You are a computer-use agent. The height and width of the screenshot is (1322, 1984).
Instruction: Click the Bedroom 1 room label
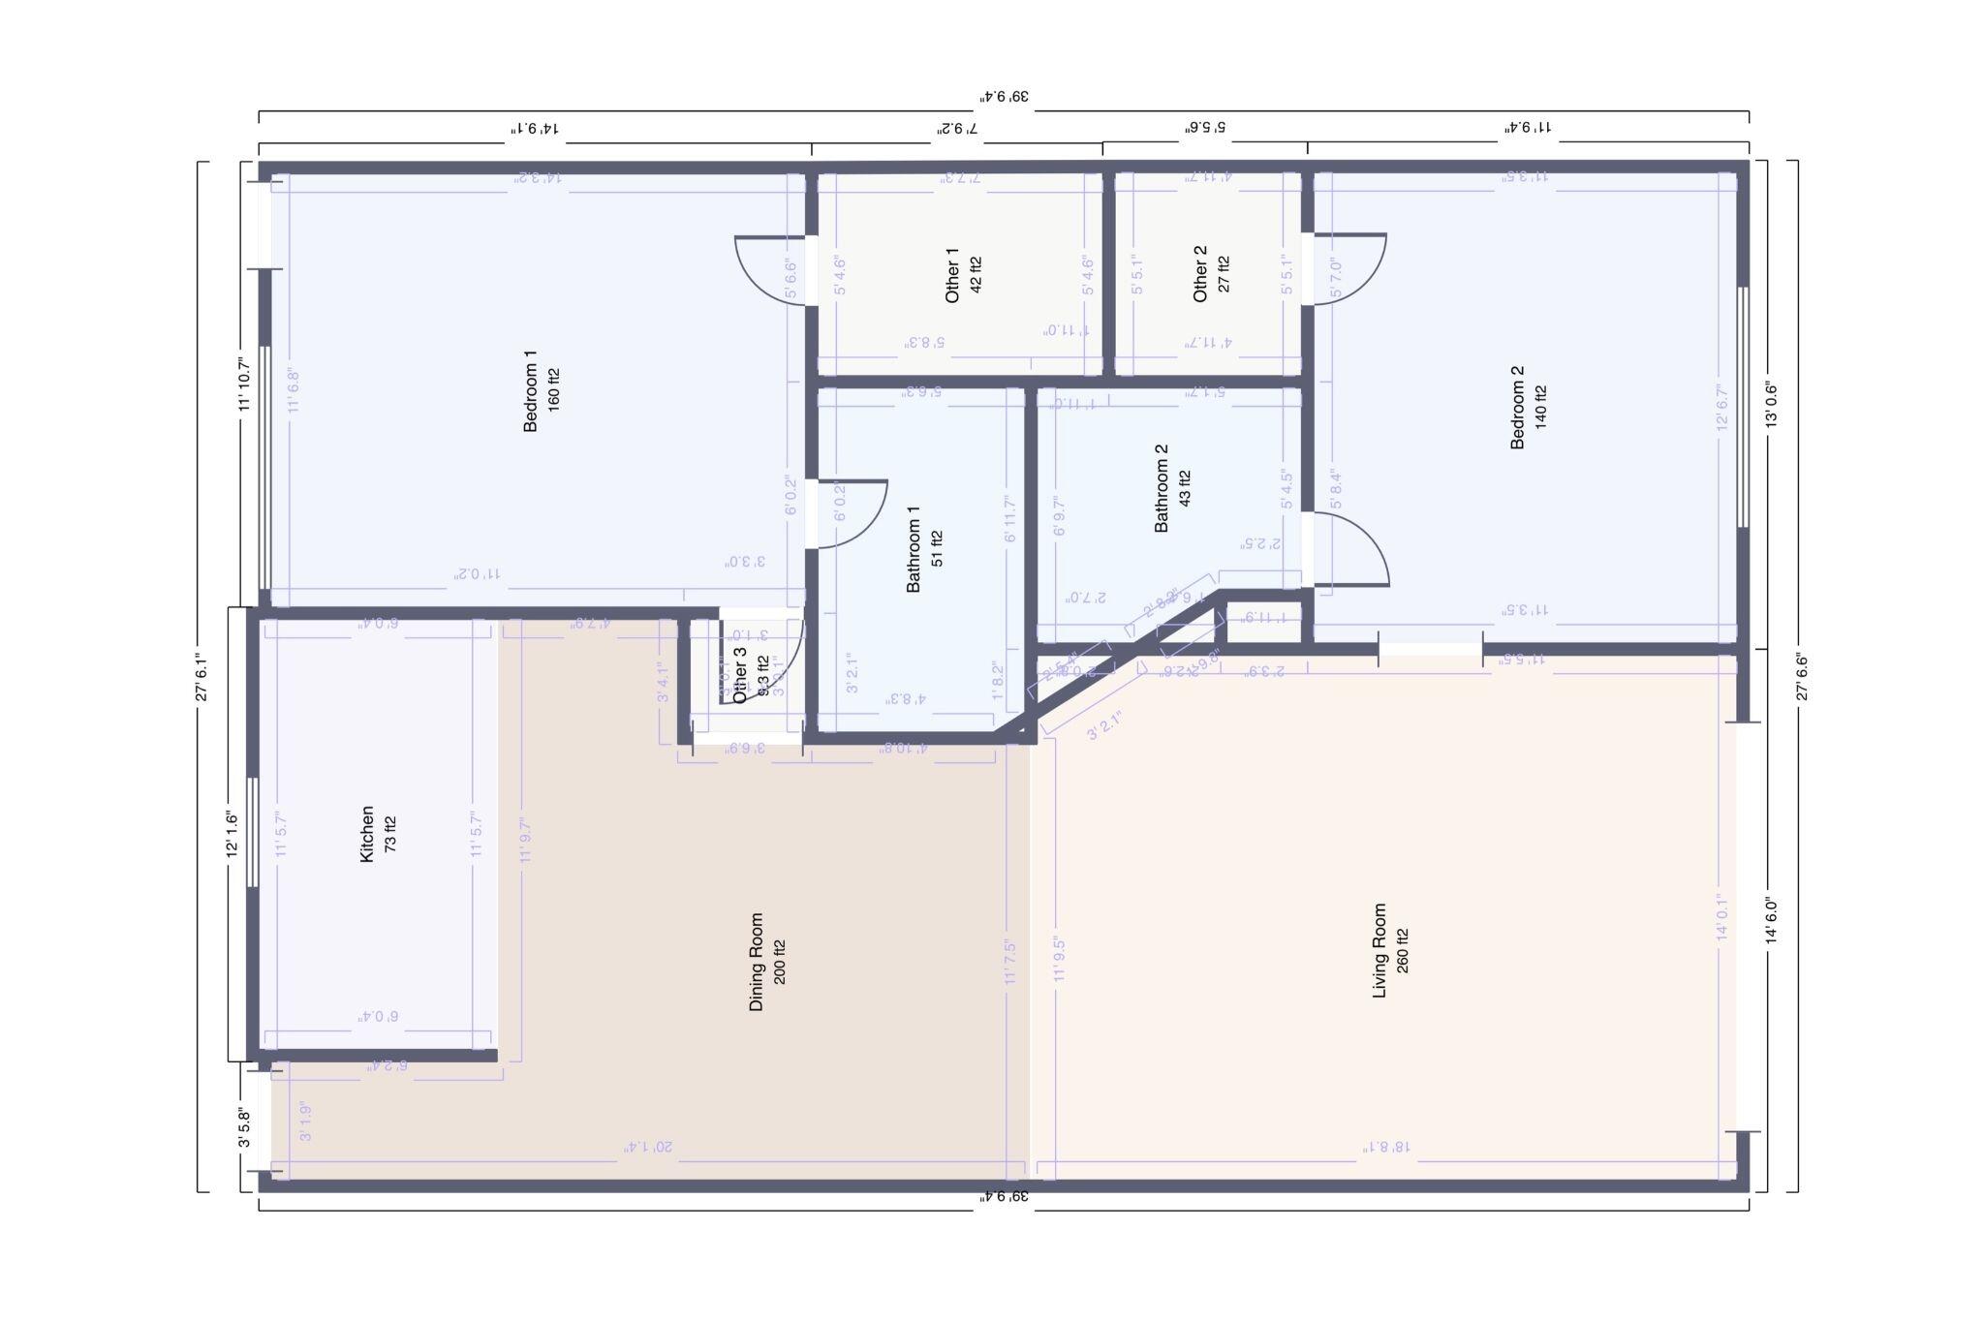[x=530, y=391]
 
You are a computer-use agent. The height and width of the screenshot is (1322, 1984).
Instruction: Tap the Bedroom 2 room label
[x=1517, y=407]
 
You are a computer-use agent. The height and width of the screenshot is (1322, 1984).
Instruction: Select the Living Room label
[x=1379, y=950]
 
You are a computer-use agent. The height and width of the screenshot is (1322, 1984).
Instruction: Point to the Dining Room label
[x=757, y=962]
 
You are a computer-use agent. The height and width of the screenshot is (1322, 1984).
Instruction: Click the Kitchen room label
[x=367, y=833]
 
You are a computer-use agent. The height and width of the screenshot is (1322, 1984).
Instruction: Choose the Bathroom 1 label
[x=914, y=548]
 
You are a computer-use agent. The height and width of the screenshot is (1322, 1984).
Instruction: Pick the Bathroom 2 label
[x=1162, y=488]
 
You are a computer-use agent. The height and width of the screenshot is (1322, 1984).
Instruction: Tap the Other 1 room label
[x=953, y=275]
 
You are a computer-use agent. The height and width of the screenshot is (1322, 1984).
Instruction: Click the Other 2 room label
[x=1200, y=273]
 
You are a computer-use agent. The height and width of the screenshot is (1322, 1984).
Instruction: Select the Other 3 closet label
[x=741, y=674]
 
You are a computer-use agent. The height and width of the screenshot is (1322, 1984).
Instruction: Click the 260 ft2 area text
[x=1402, y=950]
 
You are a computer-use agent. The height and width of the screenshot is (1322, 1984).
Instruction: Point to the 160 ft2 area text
[x=553, y=390]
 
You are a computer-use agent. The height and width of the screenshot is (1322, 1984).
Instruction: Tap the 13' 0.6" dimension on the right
[x=1771, y=405]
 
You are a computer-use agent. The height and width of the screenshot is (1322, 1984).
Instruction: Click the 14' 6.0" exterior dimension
[x=1771, y=921]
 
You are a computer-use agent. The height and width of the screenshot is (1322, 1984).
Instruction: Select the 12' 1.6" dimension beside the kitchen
[x=232, y=834]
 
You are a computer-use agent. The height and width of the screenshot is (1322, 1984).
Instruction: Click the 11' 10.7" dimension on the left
[x=244, y=385]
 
